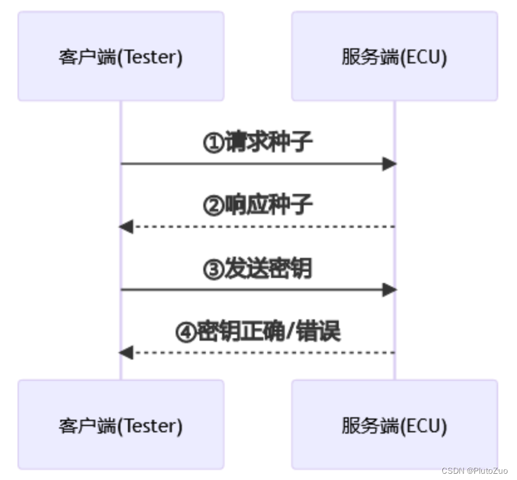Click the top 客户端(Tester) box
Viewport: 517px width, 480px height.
coord(120,56)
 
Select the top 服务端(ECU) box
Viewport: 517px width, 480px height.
coord(394,56)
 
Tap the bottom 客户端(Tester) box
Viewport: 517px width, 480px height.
coord(120,425)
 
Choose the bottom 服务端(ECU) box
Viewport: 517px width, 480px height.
coord(394,425)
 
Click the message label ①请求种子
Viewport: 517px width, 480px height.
coord(257,142)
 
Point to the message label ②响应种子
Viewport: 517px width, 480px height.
coord(257,205)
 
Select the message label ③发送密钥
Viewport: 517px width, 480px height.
coord(257,269)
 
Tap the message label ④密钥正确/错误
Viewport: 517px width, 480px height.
coord(257,331)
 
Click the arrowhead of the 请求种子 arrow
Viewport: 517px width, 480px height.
coord(390,164)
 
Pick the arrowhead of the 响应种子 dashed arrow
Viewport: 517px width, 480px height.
coord(125,227)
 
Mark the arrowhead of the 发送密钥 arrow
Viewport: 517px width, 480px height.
coord(390,290)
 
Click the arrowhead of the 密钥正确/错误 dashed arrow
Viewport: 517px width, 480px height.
coord(125,353)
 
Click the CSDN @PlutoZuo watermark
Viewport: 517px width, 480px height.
coord(474,471)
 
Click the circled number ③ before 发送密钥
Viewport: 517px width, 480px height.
coord(213,269)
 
